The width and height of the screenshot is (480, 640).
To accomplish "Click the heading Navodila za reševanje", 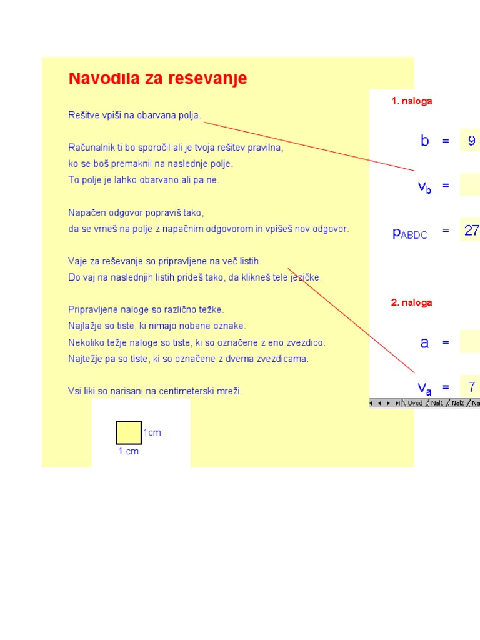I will pyautogui.click(x=157, y=79).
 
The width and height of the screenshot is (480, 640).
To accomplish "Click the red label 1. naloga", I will pyautogui.click(x=411, y=101).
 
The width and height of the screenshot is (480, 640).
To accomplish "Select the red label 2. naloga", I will pyautogui.click(x=411, y=302).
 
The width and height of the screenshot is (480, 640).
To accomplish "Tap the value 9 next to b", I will pyautogui.click(x=471, y=141).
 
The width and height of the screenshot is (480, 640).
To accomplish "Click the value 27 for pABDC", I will pyautogui.click(x=471, y=231).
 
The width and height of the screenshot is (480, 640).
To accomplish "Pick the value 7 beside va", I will pyautogui.click(x=471, y=386).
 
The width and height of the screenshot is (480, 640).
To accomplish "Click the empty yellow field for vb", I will pyautogui.click(x=470, y=186).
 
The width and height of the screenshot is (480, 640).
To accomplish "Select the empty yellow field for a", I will pyautogui.click(x=470, y=342).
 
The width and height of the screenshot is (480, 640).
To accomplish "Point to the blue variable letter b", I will pyautogui.click(x=425, y=141).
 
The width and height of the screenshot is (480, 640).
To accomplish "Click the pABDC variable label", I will pyautogui.click(x=410, y=233).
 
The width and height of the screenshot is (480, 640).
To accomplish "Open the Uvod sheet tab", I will pyautogui.click(x=415, y=404).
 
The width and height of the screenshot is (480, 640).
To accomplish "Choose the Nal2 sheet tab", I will pyautogui.click(x=458, y=404).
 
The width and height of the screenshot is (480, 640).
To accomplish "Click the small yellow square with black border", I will pyautogui.click(x=129, y=432).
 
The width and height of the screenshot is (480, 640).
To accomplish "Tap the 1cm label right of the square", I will pyautogui.click(x=152, y=432).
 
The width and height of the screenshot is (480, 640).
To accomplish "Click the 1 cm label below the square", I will pyautogui.click(x=128, y=451).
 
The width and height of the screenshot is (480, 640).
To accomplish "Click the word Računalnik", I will pyautogui.click(x=91, y=147).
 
